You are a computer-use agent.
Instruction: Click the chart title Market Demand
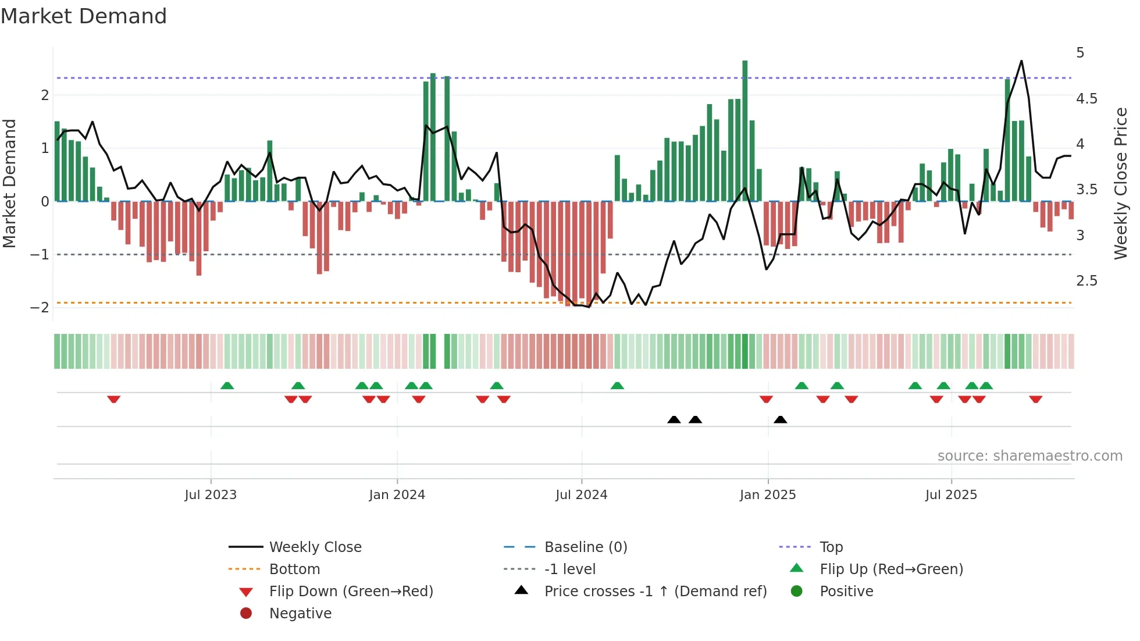(x=84, y=16)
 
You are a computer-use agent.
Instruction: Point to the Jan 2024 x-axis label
(x=397, y=495)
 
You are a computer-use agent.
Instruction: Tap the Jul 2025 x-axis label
(x=951, y=495)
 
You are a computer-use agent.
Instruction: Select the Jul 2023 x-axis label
(x=211, y=495)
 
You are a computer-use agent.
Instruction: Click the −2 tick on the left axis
(x=40, y=308)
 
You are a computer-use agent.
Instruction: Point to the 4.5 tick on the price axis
(x=1086, y=99)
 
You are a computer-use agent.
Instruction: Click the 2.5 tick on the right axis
(x=1086, y=281)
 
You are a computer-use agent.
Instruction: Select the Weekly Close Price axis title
(x=1120, y=183)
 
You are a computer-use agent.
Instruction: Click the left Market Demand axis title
(x=9, y=183)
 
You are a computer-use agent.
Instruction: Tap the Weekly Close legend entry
(x=315, y=547)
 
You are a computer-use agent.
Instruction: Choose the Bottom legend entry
(x=294, y=569)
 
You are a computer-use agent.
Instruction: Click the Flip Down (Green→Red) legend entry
(x=351, y=592)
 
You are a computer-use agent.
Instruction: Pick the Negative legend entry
(x=300, y=614)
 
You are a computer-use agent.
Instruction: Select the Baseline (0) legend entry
(x=585, y=547)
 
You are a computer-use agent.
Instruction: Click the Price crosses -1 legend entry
(x=655, y=592)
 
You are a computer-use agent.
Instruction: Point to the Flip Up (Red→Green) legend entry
(x=891, y=569)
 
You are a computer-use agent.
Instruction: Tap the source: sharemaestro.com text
(x=1029, y=456)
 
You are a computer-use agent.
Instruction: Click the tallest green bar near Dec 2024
(x=744, y=131)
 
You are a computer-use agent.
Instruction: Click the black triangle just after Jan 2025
(x=781, y=420)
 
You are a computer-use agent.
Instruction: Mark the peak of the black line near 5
(x=1021, y=61)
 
